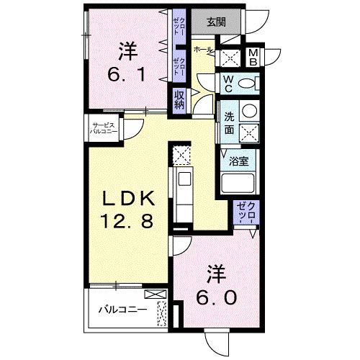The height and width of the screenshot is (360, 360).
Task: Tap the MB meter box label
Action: [253, 57]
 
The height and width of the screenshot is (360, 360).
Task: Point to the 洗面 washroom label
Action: [229, 122]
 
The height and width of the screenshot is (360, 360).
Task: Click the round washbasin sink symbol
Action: [248, 111]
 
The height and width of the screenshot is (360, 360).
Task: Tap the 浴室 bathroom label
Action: [238, 161]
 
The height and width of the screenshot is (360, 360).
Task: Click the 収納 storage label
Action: [178, 99]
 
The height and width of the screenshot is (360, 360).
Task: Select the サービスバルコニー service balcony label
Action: [99, 130]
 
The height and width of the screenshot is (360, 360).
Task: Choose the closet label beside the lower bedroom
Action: [248, 213]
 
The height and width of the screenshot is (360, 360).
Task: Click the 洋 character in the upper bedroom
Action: [127, 51]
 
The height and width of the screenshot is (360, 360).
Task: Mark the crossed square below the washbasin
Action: [248, 132]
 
